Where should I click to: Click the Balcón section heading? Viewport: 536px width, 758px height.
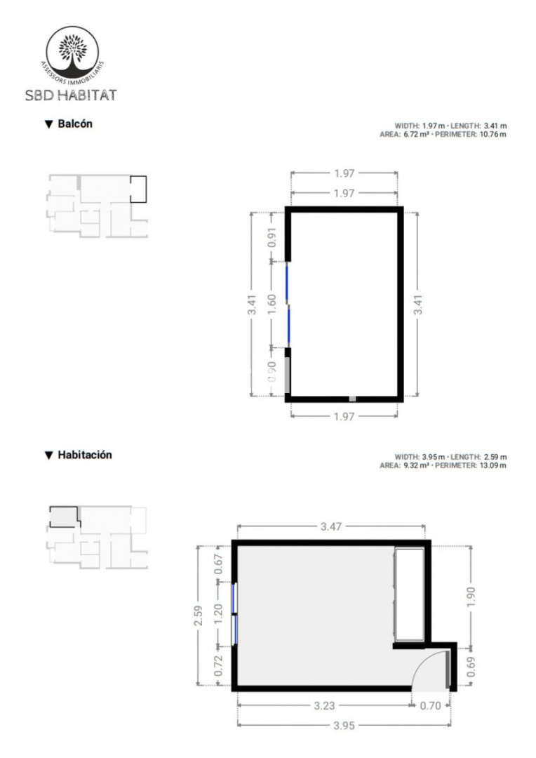(x=69, y=124)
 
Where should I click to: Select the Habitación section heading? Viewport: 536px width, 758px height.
(x=79, y=455)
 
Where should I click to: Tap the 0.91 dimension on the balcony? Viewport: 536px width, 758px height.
(x=272, y=237)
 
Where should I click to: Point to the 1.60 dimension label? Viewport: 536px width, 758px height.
(x=272, y=305)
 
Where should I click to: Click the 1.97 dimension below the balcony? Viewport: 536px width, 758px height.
(x=344, y=416)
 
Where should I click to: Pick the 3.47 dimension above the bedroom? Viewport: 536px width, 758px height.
(x=331, y=526)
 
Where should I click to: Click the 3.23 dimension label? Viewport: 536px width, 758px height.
(x=324, y=706)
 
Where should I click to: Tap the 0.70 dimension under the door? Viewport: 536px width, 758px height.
(x=430, y=706)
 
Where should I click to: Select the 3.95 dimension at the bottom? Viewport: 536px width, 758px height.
(x=344, y=726)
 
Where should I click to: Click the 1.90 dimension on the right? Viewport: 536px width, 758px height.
(x=471, y=597)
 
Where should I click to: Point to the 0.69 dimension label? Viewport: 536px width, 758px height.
(x=471, y=667)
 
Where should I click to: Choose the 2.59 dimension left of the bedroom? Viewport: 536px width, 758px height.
(x=198, y=616)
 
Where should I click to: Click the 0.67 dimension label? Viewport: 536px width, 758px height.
(x=218, y=564)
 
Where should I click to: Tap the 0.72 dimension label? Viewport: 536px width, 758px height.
(x=218, y=665)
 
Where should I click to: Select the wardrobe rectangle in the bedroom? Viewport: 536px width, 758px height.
(x=410, y=594)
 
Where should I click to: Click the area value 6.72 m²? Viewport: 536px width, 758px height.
(x=417, y=134)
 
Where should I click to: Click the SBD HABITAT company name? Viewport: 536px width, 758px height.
(x=71, y=95)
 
